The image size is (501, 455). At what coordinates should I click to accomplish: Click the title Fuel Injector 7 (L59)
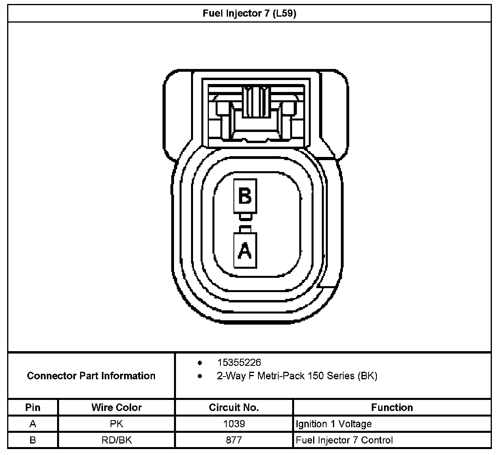click(x=249, y=14)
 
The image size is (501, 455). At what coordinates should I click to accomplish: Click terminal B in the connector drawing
click(x=245, y=196)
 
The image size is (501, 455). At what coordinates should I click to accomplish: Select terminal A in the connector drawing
click(x=245, y=250)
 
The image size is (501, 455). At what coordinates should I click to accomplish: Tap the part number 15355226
click(x=239, y=362)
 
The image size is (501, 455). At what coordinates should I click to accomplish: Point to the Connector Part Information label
click(x=91, y=376)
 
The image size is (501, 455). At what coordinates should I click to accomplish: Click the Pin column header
click(x=33, y=407)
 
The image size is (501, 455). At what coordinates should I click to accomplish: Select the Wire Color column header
click(x=117, y=407)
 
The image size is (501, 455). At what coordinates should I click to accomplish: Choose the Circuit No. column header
click(x=234, y=407)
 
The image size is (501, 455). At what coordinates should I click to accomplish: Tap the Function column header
click(x=392, y=407)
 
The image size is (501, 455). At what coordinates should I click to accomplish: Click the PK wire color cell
click(x=117, y=424)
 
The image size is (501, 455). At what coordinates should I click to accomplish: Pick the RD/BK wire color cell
click(x=117, y=440)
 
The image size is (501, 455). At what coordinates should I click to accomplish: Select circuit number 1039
click(x=234, y=424)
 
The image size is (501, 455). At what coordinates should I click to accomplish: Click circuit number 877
click(x=234, y=440)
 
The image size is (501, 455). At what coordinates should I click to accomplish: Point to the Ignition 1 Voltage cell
click(x=334, y=424)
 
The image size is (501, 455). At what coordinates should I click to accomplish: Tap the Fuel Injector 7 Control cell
click(x=344, y=440)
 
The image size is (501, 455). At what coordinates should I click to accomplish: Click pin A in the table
click(x=33, y=424)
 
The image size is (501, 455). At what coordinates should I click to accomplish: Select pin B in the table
click(x=33, y=440)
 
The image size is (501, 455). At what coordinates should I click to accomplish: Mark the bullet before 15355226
click(x=200, y=363)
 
